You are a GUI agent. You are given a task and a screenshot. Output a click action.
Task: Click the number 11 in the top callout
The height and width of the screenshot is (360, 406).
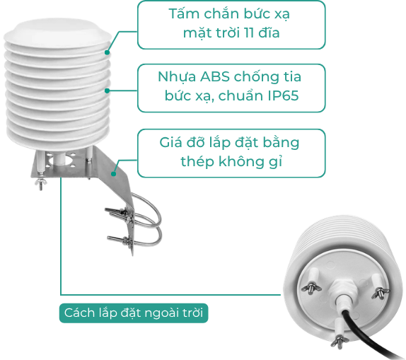(x=248, y=33)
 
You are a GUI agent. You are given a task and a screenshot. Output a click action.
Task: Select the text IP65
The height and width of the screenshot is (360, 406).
(x=283, y=95)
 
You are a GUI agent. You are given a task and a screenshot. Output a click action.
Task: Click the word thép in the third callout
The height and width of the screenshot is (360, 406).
(x=197, y=162)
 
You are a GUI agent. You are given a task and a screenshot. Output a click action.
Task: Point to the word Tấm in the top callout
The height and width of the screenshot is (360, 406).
(x=184, y=13)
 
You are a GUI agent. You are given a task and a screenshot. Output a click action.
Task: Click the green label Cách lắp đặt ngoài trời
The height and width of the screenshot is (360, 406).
(x=134, y=313)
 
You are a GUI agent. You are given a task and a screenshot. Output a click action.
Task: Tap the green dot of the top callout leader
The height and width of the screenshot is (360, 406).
(x=108, y=52)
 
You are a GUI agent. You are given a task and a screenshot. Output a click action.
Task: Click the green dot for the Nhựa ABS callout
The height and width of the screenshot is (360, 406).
(x=108, y=91)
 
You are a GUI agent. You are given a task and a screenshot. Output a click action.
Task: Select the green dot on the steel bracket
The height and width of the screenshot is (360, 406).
(x=113, y=174)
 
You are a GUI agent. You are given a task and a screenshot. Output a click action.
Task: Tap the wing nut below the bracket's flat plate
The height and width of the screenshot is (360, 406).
(x=40, y=184)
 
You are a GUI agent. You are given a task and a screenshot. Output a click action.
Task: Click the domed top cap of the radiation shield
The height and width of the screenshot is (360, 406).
(x=57, y=33)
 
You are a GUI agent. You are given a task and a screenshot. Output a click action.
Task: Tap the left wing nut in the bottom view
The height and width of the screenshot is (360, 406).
(x=311, y=289)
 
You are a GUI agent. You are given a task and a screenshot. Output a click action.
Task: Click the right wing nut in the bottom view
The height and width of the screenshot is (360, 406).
(x=380, y=293)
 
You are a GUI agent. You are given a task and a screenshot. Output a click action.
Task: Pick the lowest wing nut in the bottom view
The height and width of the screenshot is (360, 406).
(x=340, y=342)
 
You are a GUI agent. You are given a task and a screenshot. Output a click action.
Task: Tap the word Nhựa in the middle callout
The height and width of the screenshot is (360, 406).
(x=177, y=77)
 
